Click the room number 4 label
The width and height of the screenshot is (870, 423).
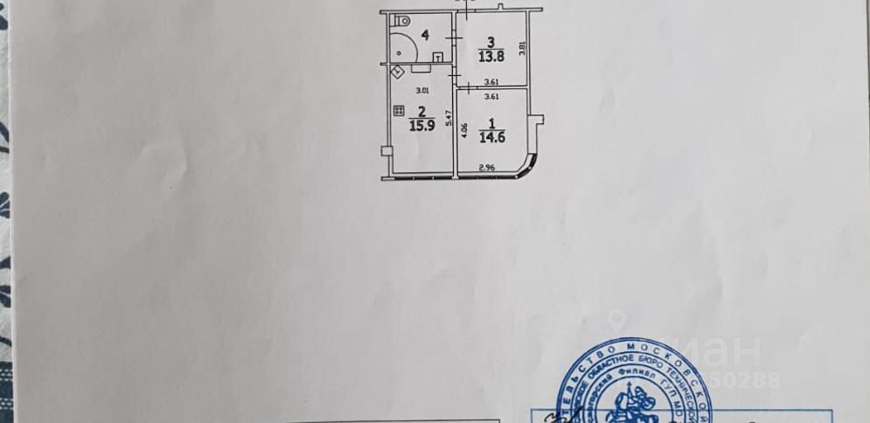[424, 35]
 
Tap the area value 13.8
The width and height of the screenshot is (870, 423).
[491, 57]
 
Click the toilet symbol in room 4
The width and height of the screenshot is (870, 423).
[400, 20]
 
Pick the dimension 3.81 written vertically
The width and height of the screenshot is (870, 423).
[523, 49]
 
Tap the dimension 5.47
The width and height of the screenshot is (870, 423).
[449, 117]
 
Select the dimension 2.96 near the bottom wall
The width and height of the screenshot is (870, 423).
[486, 168]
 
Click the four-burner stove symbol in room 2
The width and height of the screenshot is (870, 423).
[399, 111]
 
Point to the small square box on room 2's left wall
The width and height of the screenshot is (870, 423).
[384, 152]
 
